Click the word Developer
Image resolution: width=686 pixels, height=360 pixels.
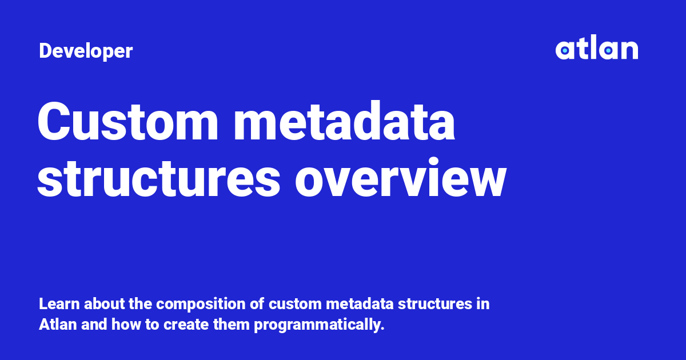click(86, 51)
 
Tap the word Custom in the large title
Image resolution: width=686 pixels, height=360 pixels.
click(127, 121)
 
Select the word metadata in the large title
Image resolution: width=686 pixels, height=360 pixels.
click(344, 121)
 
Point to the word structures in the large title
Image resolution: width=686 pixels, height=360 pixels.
click(159, 178)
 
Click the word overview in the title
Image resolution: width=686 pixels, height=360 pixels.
click(401, 178)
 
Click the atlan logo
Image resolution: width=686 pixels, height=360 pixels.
click(597, 47)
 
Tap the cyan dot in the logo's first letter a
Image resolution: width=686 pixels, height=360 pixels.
click(565, 50)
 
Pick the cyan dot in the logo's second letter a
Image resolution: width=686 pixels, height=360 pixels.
click(608, 50)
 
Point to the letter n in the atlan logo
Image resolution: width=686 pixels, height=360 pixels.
click(629, 50)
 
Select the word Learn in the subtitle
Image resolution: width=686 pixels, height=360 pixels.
click(59, 304)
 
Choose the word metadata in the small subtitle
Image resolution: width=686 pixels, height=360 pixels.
click(360, 304)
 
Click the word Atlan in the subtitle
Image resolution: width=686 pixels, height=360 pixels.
click(58, 325)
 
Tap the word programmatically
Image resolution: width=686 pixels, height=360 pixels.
click(319, 325)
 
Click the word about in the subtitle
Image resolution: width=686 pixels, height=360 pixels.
click(105, 304)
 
